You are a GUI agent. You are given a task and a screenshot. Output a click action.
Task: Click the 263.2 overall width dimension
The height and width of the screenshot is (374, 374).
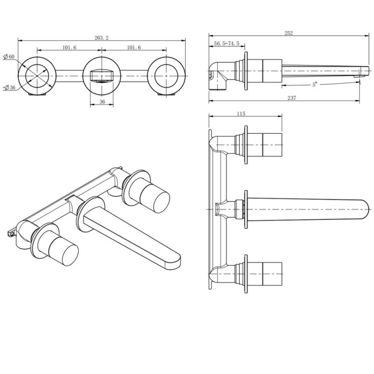coord(101,38)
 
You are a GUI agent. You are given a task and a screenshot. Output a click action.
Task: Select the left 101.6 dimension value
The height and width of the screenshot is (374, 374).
coord(69,47)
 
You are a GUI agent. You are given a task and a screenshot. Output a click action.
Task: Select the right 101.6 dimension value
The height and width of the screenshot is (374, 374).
coord(134,47)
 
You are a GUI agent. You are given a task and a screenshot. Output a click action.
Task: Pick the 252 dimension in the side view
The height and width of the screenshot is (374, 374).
coord(288,33)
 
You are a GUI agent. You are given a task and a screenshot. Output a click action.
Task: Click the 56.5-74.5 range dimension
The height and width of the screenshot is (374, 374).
coord(227,43)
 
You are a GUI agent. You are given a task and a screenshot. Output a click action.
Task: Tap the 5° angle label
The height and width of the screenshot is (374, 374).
coord(315,85)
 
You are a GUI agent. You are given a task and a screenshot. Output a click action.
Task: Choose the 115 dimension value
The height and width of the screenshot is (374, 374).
coord(241,114)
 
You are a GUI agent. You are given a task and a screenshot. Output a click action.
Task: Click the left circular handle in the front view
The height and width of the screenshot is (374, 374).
coord(37,75)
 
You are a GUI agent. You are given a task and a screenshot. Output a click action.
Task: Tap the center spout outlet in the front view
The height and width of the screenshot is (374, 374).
coord(101,75)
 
